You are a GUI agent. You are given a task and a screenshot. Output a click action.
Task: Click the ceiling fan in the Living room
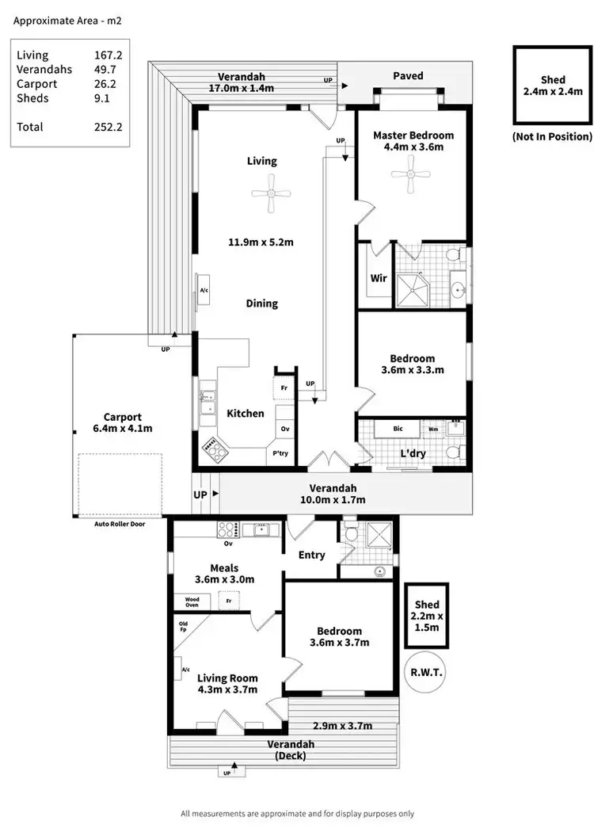click(271, 192)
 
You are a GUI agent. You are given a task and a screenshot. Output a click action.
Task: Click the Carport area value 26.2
click(108, 84)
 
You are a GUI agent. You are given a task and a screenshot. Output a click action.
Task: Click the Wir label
click(378, 278)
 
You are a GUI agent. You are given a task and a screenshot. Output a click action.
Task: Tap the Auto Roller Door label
click(113, 523)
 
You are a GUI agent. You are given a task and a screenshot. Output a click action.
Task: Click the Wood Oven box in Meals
click(192, 601)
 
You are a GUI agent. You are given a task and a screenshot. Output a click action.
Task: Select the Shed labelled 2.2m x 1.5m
click(427, 616)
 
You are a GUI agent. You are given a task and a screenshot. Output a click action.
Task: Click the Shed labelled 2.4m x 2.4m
click(553, 86)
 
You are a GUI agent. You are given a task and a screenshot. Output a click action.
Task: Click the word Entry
click(311, 555)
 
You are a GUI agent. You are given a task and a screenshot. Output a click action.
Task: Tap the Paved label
click(408, 76)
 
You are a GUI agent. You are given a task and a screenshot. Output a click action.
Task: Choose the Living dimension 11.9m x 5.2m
click(261, 242)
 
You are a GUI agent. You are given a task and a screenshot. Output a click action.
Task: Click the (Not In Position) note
click(552, 136)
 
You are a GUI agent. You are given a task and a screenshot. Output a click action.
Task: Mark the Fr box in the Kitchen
click(284, 388)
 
